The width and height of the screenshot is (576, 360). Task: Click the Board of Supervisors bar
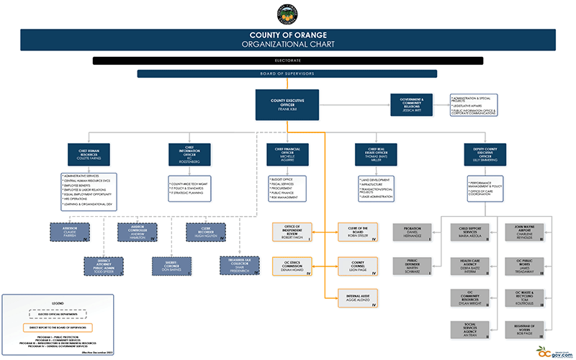pyautogui.click(x=287, y=73)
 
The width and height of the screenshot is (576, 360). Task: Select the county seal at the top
pyautogui.click(x=287, y=14)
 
